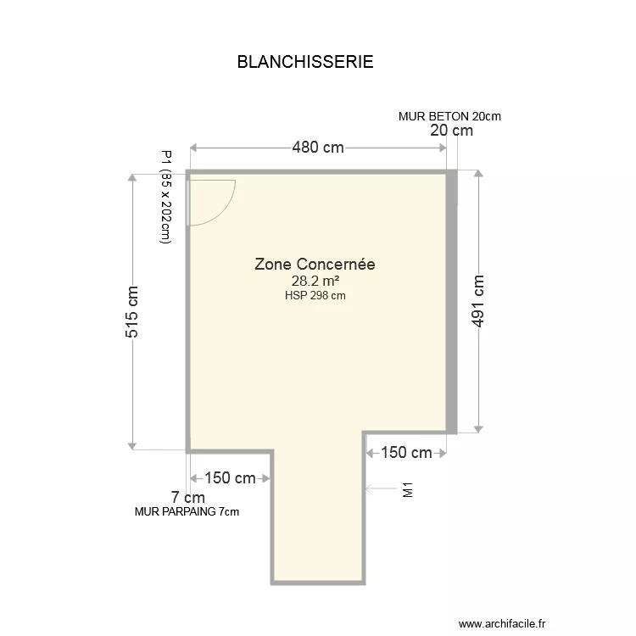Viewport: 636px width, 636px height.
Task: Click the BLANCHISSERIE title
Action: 305,63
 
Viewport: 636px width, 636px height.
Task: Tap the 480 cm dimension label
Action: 318,148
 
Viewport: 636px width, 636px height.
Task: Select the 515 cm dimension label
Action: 132,311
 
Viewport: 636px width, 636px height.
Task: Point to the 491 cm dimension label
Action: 479,302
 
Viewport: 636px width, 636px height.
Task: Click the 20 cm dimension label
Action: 451,131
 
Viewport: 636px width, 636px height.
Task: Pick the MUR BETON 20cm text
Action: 449,116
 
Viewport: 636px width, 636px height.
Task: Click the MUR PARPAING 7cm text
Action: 187,511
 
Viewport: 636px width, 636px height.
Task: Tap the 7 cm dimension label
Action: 187,497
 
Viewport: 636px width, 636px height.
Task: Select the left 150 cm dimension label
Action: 230,478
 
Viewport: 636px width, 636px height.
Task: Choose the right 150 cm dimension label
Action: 406,454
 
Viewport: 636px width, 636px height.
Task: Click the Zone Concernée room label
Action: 315,265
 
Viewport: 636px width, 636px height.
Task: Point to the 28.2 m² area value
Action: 315,282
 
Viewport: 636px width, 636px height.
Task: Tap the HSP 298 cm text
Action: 315,296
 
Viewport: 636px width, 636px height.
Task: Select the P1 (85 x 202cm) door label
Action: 166,198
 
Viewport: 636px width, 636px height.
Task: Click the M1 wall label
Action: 407,489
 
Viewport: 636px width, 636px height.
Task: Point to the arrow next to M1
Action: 376,488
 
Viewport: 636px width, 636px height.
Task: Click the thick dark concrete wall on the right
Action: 452,302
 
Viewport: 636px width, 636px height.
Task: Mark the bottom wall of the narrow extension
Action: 318,583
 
